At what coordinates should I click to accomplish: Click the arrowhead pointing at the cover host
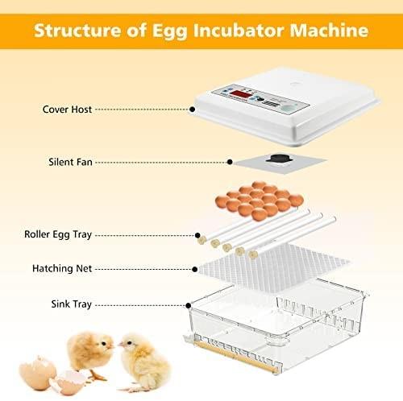[194, 106]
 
